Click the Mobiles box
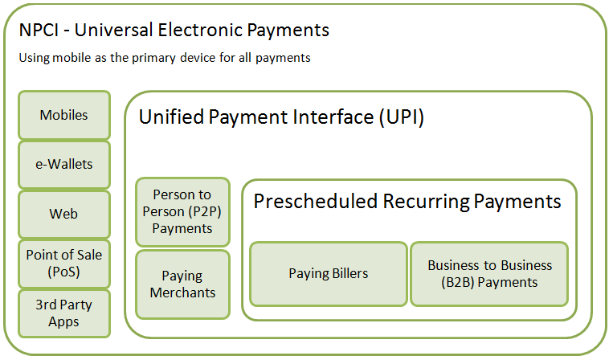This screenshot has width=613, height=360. (x=64, y=115)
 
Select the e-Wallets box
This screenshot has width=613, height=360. (x=64, y=165)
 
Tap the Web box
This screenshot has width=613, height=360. (x=64, y=215)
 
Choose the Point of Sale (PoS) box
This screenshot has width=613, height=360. (x=64, y=264)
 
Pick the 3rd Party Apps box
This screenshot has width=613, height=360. (x=64, y=313)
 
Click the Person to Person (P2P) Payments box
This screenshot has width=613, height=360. (x=182, y=212)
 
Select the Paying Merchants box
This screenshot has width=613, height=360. (x=182, y=284)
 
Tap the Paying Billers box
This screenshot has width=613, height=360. (x=329, y=273)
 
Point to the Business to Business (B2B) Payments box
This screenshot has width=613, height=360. (x=489, y=273)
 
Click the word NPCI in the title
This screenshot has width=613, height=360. (x=39, y=30)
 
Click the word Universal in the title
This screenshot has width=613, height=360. (x=113, y=30)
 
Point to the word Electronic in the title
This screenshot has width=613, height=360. (x=200, y=30)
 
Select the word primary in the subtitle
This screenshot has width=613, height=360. (x=153, y=59)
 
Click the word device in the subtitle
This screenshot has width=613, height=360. (x=198, y=58)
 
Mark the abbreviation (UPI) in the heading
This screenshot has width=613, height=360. (x=402, y=117)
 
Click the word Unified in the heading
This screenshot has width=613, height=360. (x=171, y=117)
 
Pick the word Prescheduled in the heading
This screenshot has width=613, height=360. (x=316, y=202)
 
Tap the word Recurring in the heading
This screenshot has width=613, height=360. (x=426, y=202)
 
